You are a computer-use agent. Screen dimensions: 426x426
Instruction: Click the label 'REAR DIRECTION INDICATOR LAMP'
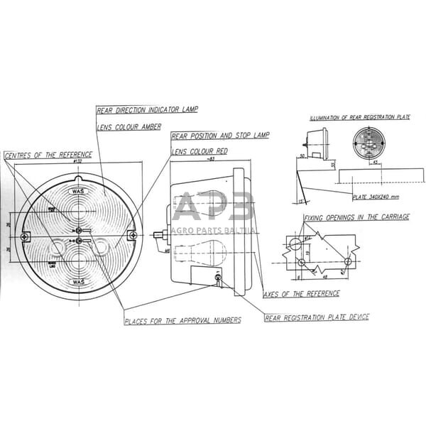point(147,109)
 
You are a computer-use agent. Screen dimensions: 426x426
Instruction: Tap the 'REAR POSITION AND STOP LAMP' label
point(220,135)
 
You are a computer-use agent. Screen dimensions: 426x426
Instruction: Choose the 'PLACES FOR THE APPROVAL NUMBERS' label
point(182,320)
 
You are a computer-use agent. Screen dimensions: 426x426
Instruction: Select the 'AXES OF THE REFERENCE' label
point(301,293)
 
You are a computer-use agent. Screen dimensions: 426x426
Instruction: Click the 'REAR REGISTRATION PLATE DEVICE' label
point(317,317)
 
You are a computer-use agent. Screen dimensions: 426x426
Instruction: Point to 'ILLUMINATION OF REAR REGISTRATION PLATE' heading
point(359,117)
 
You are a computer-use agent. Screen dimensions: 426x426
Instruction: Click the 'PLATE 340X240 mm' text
point(376,197)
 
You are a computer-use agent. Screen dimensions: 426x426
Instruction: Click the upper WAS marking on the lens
point(78,191)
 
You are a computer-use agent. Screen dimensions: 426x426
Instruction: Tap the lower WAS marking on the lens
point(78,282)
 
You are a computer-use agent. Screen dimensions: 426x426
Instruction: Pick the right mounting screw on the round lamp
point(131,236)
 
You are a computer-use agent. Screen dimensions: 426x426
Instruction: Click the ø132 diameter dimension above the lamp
point(77,161)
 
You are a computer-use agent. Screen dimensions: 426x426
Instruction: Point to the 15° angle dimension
point(300,201)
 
